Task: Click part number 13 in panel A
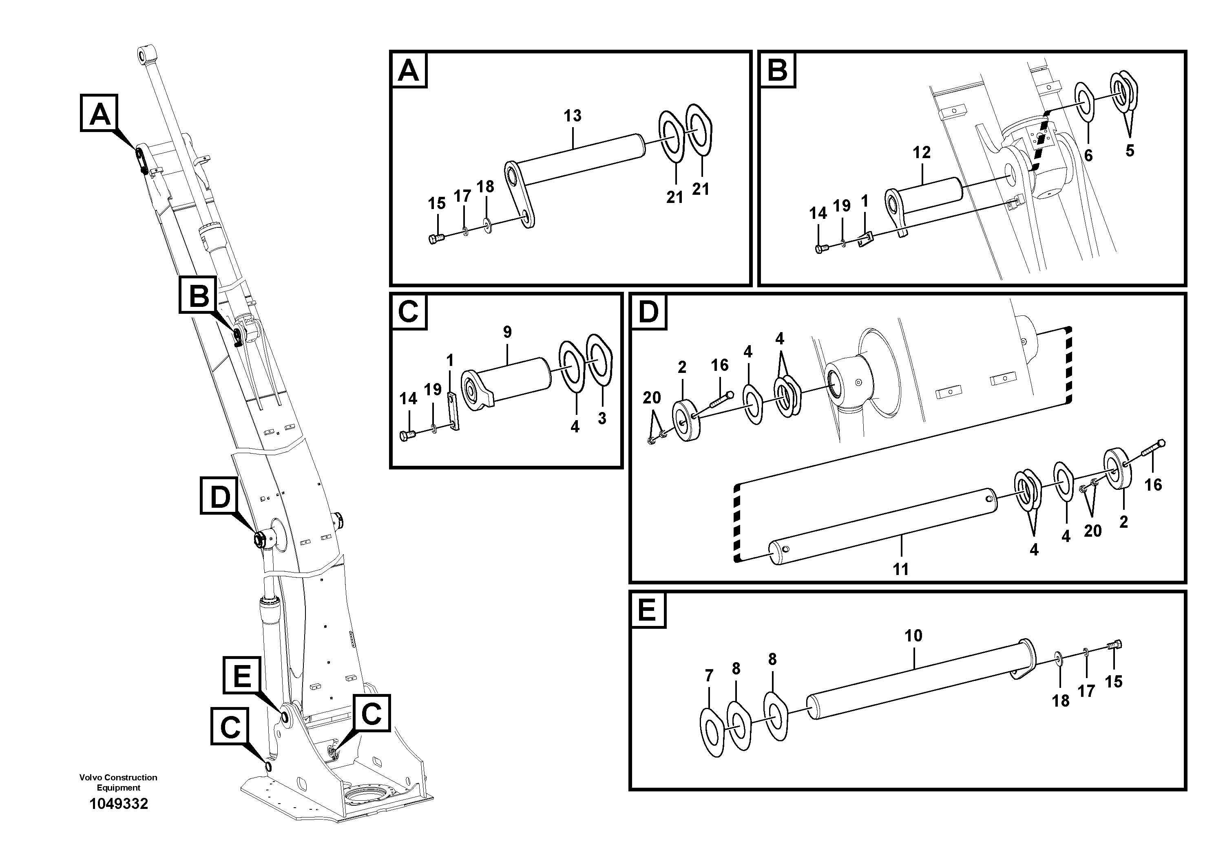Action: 572,116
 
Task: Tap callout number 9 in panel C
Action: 507,333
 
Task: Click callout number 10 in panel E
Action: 913,636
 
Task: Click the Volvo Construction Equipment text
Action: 118,782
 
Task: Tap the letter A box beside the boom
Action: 100,112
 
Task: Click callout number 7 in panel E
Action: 709,676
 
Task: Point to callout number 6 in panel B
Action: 1088,155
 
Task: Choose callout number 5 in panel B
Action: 1130,151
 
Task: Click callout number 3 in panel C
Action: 602,419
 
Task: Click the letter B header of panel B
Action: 777,69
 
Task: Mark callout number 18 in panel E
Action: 1061,701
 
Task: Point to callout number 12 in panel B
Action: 922,153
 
